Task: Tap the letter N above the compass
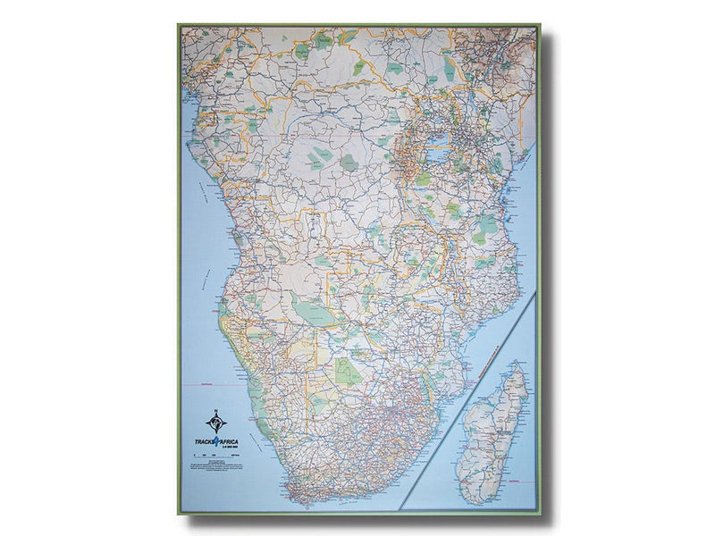pos(215,410)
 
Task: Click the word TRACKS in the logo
pos(203,441)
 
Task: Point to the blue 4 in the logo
pos(216,441)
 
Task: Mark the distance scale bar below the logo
pos(216,456)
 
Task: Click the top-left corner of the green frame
pos(180,26)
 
